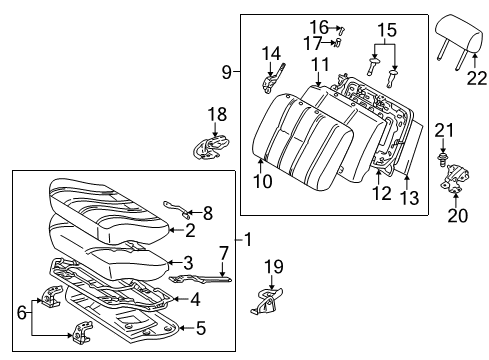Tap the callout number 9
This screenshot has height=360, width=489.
point(226,71)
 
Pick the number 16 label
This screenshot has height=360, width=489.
point(318,26)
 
